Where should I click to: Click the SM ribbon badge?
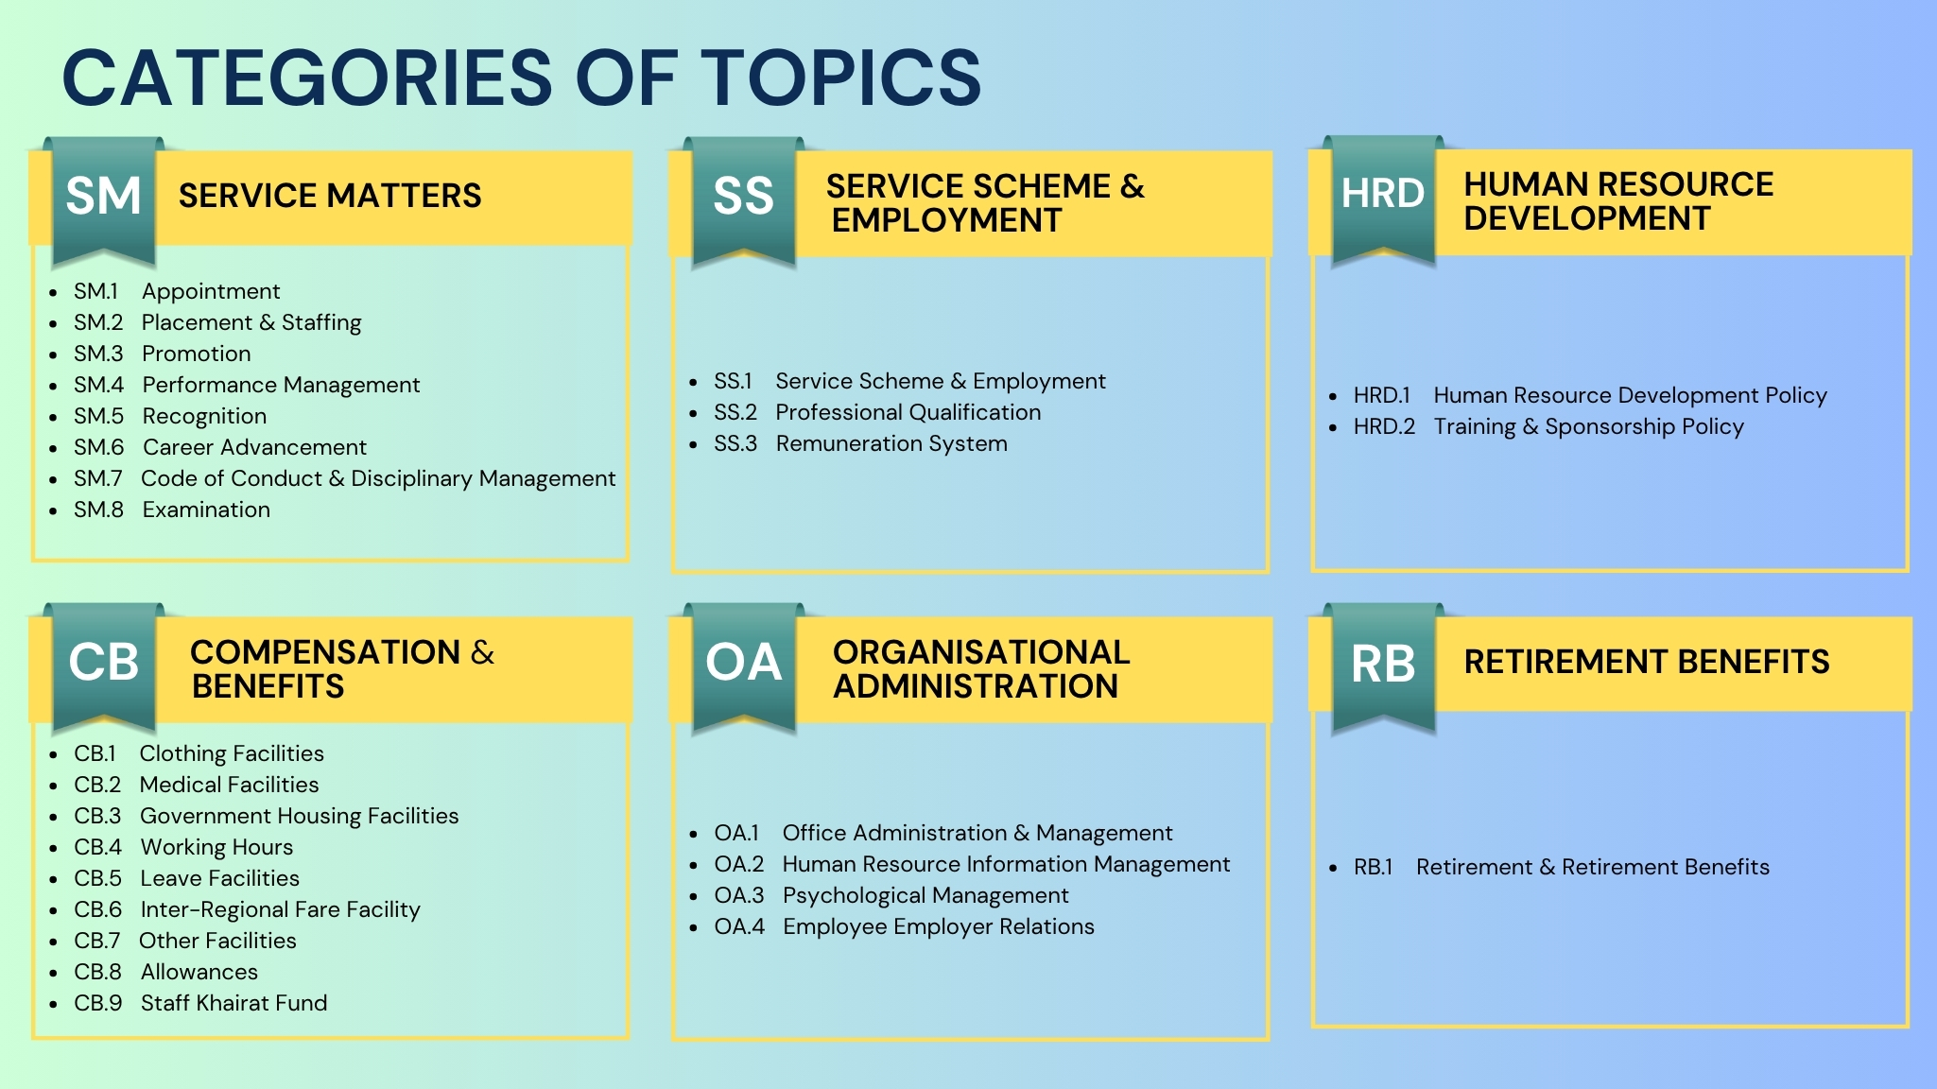pos(104,200)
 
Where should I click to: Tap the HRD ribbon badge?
pos(1383,199)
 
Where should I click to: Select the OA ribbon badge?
pos(744,666)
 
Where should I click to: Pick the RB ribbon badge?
pos(1384,666)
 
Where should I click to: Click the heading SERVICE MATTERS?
pos(330,196)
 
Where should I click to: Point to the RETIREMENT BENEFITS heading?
pos(1647,662)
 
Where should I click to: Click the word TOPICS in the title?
pos(841,78)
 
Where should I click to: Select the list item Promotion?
pos(197,354)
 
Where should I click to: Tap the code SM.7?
pos(98,478)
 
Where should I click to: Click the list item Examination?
pos(206,510)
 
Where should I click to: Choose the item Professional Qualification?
pos(908,412)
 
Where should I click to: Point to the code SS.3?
pos(735,443)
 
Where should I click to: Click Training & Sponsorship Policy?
pos(1589,426)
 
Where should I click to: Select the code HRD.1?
pos(1382,395)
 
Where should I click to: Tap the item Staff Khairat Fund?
pos(234,1003)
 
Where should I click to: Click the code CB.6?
pos(98,909)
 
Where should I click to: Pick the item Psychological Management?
pos(925,895)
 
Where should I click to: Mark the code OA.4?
pos(739,926)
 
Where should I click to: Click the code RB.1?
pos(1374,867)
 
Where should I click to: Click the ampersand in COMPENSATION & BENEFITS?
pos(482,652)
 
